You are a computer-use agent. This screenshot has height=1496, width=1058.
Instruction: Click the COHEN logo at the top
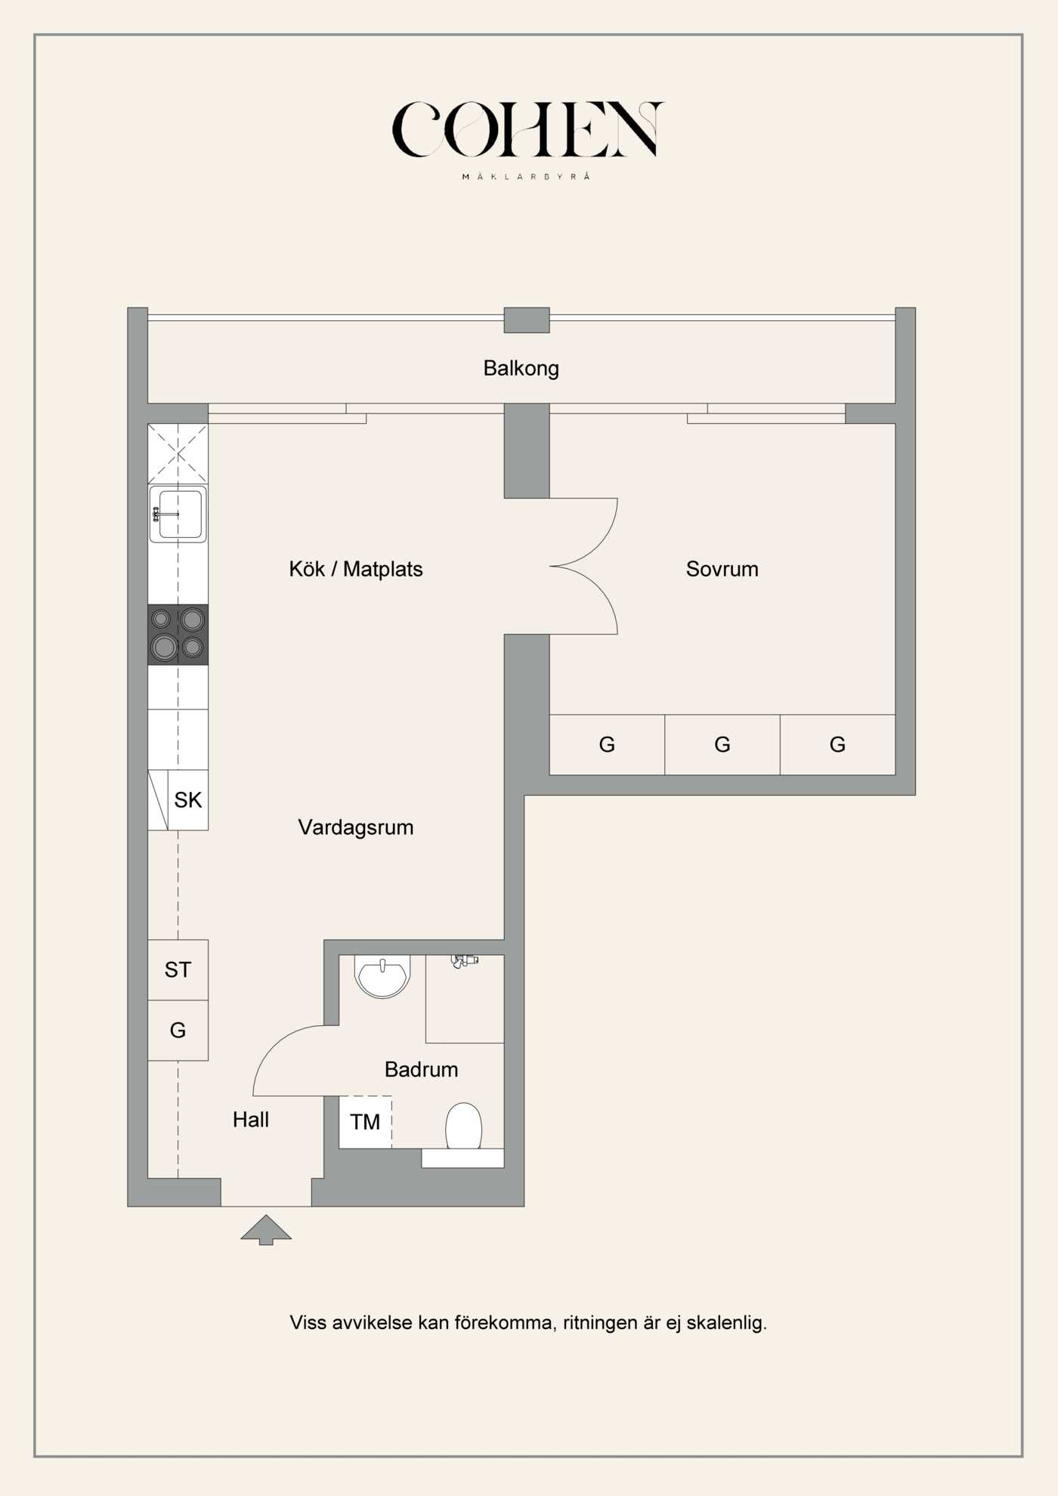coord(527,130)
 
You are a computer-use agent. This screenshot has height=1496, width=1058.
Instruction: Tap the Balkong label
coord(521,369)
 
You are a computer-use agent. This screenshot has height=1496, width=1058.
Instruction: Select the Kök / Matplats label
coord(355,569)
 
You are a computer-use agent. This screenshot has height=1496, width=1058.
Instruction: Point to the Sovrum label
coord(722,569)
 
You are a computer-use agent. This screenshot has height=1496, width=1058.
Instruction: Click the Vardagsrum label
coord(355,827)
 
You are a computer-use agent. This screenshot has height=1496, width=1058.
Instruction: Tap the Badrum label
coord(421,1069)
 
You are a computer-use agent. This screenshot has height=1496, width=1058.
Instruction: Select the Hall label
coord(250,1120)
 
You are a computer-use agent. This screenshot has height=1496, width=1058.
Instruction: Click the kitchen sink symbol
coord(178,514)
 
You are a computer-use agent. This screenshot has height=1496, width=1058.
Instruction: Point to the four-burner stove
coord(178,634)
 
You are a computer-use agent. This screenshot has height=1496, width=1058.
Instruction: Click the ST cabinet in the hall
coord(178,969)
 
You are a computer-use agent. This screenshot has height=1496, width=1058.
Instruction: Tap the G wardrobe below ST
coord(178,1030)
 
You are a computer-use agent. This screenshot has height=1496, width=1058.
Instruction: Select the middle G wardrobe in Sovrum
coord(722,745)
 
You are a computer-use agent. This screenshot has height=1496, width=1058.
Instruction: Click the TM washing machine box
coord(365,1122)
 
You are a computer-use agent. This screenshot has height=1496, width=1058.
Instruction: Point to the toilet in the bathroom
coord(463,1127)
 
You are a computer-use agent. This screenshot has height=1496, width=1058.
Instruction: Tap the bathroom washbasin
coord(382,975)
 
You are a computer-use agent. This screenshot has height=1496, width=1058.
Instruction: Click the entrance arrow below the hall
coord(266,1229)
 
